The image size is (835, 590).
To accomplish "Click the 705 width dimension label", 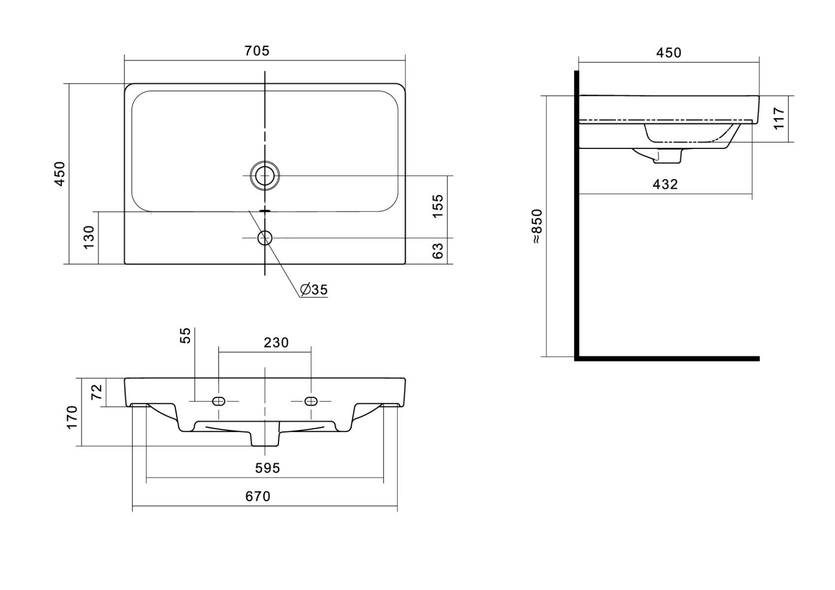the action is coord(257,51).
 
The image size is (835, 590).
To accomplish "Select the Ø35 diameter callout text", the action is coord(314,290).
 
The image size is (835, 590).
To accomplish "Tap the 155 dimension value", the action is coord(437,206).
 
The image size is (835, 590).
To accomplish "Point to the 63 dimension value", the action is coord(437,251).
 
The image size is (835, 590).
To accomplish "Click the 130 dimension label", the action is coord(89,237).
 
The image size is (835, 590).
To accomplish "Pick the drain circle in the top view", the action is coord(265,176).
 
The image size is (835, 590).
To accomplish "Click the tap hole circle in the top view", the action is coord(265,237).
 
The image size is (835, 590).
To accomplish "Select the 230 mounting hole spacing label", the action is coord(276,343).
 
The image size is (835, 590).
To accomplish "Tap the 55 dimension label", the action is coord(185,335).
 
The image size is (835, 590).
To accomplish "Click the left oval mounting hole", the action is coord(218,401).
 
